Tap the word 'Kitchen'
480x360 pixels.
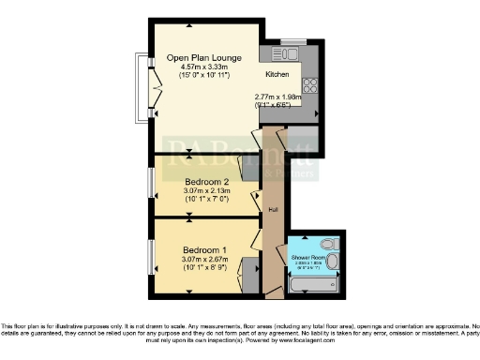click(x=277, y=74)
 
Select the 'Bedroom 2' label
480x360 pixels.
click(x=206, y=181)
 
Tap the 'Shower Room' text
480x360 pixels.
click(x=307, y=256)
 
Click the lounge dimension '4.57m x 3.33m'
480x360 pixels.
click(x=201, y=67)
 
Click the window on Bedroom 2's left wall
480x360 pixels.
click(x=150, y=182)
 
